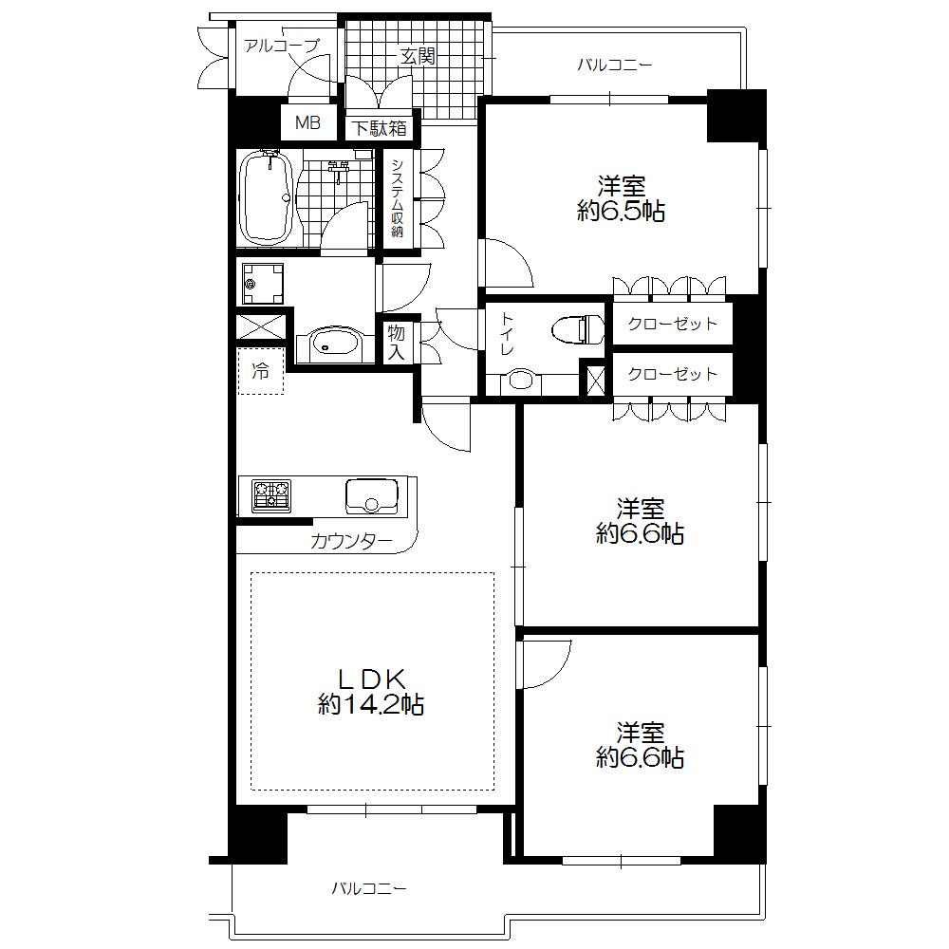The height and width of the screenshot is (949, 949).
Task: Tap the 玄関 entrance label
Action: [417, 57]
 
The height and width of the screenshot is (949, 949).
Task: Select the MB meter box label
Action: [307, 122]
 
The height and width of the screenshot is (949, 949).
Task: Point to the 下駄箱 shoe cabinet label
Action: [380, 127]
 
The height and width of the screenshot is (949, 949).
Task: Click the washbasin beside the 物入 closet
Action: [327, 344]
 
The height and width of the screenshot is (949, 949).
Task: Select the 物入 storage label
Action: [397, 343]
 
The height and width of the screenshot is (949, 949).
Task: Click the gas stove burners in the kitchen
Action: [271, 494]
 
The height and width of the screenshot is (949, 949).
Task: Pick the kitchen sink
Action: [371, 495]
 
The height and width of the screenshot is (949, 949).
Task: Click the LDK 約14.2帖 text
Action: [371, 691]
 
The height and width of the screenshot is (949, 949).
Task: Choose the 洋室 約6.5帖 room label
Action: [621, 197]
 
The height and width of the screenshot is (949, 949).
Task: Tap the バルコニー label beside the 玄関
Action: [615, 65]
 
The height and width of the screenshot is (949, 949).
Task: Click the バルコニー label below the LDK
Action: [369, 889]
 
